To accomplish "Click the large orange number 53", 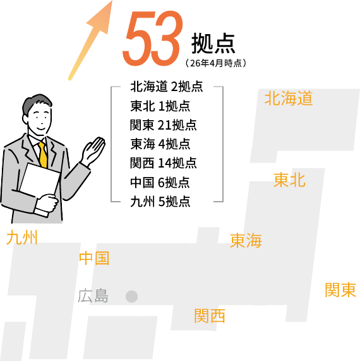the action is (x=153, y=38).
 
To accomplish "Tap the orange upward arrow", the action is (x=90, y=40).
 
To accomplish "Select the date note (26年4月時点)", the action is (x=216, y=63).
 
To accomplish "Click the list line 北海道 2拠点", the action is (x=167, y=87).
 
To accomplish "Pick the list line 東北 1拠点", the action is (x=160, y=106).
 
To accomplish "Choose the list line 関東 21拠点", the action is (x=164, y=125).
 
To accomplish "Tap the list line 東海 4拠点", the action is (x=160, y=144).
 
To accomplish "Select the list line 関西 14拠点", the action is (x=164, y=163).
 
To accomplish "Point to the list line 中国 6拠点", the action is (x=160, y=182).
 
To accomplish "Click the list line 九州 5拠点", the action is (x=160, y=202).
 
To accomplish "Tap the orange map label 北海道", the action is (x=289, y=98).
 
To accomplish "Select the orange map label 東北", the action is (x=289, y=180).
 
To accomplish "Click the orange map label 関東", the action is (x=340, y=290).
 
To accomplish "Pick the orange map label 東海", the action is (x=246, y=240).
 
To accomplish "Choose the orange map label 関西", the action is (x=210, y=316).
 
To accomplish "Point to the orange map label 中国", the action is (x=94, y=258).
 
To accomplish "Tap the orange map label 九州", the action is (x=22, y=238).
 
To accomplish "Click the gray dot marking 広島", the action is (x=131, y=297).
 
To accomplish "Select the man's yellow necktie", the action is (x=43, y=155).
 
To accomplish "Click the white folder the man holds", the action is (x=39, y=187).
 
